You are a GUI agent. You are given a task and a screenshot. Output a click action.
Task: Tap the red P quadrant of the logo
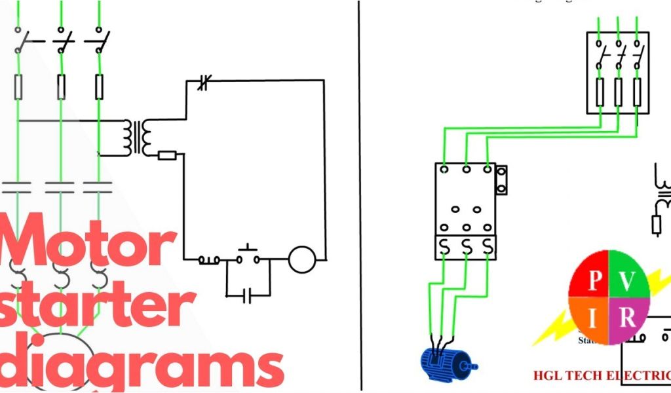pyautogui.click(x=594, y=279)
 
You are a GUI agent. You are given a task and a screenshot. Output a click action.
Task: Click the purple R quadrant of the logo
pyautogui.click(x=627, y=319)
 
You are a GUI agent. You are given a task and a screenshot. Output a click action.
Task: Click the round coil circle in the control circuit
pyautogui.click(x=302, y=259)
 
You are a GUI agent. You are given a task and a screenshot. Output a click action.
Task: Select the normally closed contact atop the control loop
pyautogui.click(x=203, y=83)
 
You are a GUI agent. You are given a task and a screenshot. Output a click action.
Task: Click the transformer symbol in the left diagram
pyautogui.click(x=140, y=136)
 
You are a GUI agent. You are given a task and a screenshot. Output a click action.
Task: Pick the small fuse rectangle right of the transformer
pyautogui.click(x=168, y=155)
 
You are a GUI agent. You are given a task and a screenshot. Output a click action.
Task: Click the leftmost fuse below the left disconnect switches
pyautogui.click(x=19, y=86)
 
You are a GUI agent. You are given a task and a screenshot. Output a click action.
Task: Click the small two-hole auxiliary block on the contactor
pyautogui.click(x=501, y=180)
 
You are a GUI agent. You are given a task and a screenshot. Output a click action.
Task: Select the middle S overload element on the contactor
pyautogui.click(x=466, y=246)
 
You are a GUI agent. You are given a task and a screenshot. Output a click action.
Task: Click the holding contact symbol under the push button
pyautogui.click(x=247, y=297)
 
